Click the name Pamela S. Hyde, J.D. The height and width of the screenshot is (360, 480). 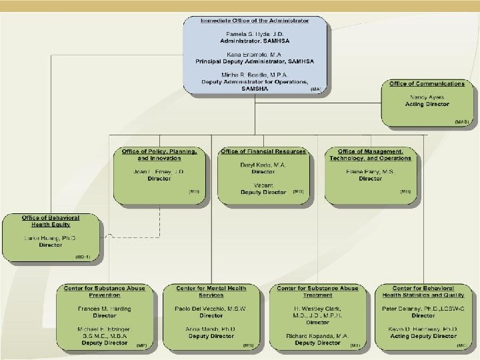(255, 33)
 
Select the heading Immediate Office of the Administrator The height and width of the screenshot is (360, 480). (255, 21)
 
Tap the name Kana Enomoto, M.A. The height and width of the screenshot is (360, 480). (255, 53)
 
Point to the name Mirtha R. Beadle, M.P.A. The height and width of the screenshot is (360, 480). (255, 75)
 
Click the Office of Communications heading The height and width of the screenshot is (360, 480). (427, 84)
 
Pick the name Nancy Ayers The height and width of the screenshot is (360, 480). (427, 97)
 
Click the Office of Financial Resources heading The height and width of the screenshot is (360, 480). (263, 151)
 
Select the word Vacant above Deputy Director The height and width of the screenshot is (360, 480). (263, 185)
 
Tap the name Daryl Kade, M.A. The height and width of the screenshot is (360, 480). (263, 164)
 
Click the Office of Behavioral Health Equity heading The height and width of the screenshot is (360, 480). (51, 221)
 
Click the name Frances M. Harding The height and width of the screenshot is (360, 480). (105, 309)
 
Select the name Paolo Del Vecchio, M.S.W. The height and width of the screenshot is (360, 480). (211, 309)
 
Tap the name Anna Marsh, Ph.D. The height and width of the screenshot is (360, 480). (211, 329)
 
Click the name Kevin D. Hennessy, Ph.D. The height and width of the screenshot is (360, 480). (423, 329)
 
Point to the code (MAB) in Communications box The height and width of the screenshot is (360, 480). (462, 122)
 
